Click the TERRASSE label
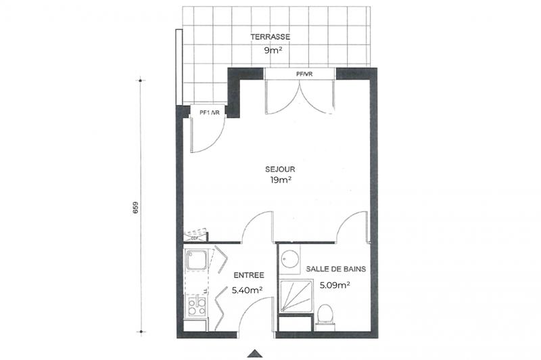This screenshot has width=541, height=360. pos(270,37)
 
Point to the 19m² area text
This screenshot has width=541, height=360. pos(281,180)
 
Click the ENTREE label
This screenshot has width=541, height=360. pos(248,276)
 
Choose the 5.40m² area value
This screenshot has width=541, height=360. pos(248,290)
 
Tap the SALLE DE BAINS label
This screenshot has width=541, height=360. pos(336,269)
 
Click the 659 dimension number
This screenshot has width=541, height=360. pos(135,207)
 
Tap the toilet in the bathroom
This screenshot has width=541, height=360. pos(325,315)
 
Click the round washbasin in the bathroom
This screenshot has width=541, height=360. pos(291,259)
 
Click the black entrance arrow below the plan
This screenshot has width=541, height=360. pos(256,353)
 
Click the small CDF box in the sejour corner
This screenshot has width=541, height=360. pos(193,237)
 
